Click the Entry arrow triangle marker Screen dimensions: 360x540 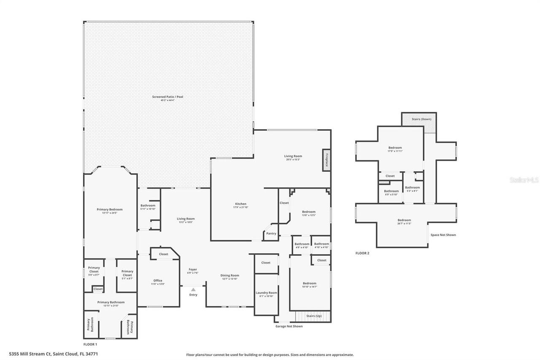(193, 290)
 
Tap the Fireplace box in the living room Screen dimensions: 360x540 (326, 160)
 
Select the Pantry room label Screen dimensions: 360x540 (271, 233)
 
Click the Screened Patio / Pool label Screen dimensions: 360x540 (167, 97)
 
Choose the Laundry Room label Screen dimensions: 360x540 (266, 292)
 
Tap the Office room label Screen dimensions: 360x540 (158, 280)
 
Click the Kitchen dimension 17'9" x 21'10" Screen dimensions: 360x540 (240, 207)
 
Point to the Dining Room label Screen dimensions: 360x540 (230, 275)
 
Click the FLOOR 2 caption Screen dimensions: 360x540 (362, 253)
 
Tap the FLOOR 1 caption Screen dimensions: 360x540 (90, 344)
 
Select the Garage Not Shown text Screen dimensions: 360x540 (289, 326)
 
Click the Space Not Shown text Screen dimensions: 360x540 (443, 235)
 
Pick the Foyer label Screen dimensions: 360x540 (193, 269)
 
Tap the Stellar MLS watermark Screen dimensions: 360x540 (524, 180)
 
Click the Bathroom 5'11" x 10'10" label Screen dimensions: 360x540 (148, 206)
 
